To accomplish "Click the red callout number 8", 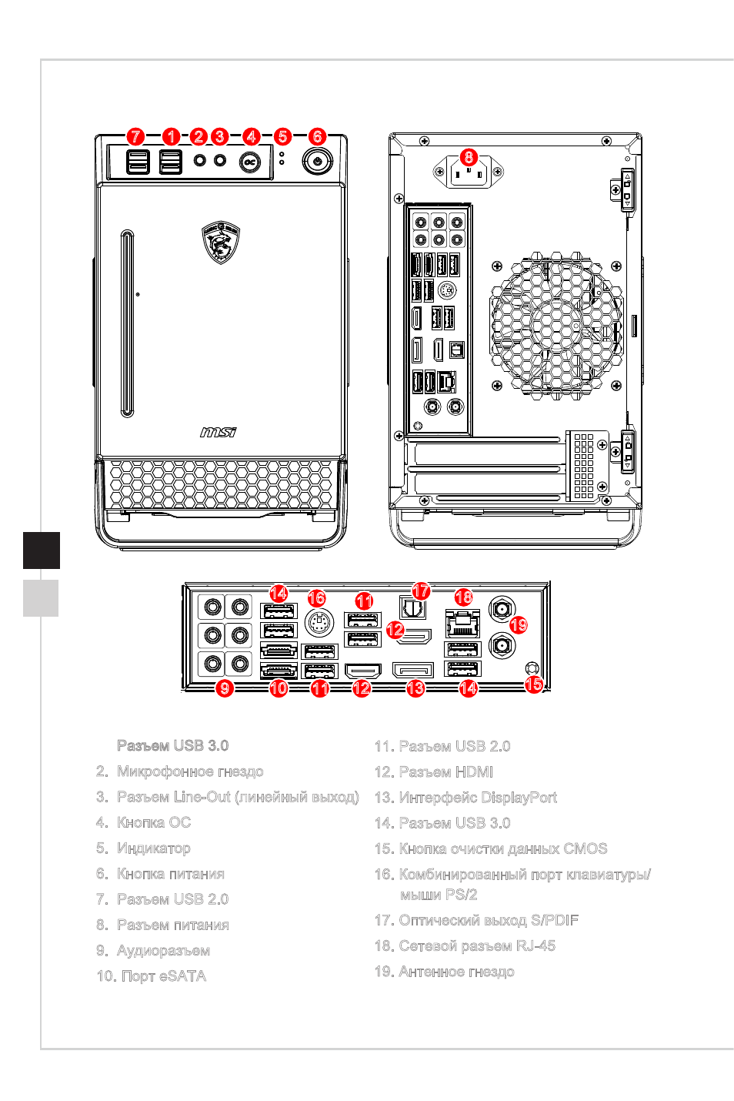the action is pyautogui.click(x=469, y=157).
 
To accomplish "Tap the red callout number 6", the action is pyautogui.click(x=317, y=136).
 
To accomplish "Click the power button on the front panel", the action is pyautogui.click(x=317, y=160).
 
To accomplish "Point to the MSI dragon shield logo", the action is pyautogui.click(x=221, y=242).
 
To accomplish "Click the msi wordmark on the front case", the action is pyautogui.click(x=219, y=432).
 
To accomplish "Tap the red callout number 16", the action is pyautogui.click(x=317, y=598).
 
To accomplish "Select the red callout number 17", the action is pyautogui.click(x=421, y=591).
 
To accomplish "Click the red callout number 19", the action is pyautogui.click(x=519, y=625).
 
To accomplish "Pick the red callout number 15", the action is pyautogui.click(x=534, y=684).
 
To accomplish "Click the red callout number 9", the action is pyautogui.click(x=225, y=688).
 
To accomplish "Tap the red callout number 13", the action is pyautogui.click(x=415, y=688).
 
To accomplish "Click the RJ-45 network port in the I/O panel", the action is pyautogui.click(x=462, y=623).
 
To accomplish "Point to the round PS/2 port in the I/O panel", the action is pyautogui.click(x=319, y=623).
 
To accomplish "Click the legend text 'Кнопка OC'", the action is pyautogui.click(x=154, y=822).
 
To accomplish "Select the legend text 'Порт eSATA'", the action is pyautogui.click(x=164, y=976).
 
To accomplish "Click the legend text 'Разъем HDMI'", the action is pyautogui.click(x=446, y=771).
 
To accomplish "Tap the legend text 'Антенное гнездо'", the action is pyautogui.click(x=456, y=971).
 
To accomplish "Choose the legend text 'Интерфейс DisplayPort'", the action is pyautogui.click(x=478, y=797).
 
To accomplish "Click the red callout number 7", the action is pyautogui.click(x=135, y=136).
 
